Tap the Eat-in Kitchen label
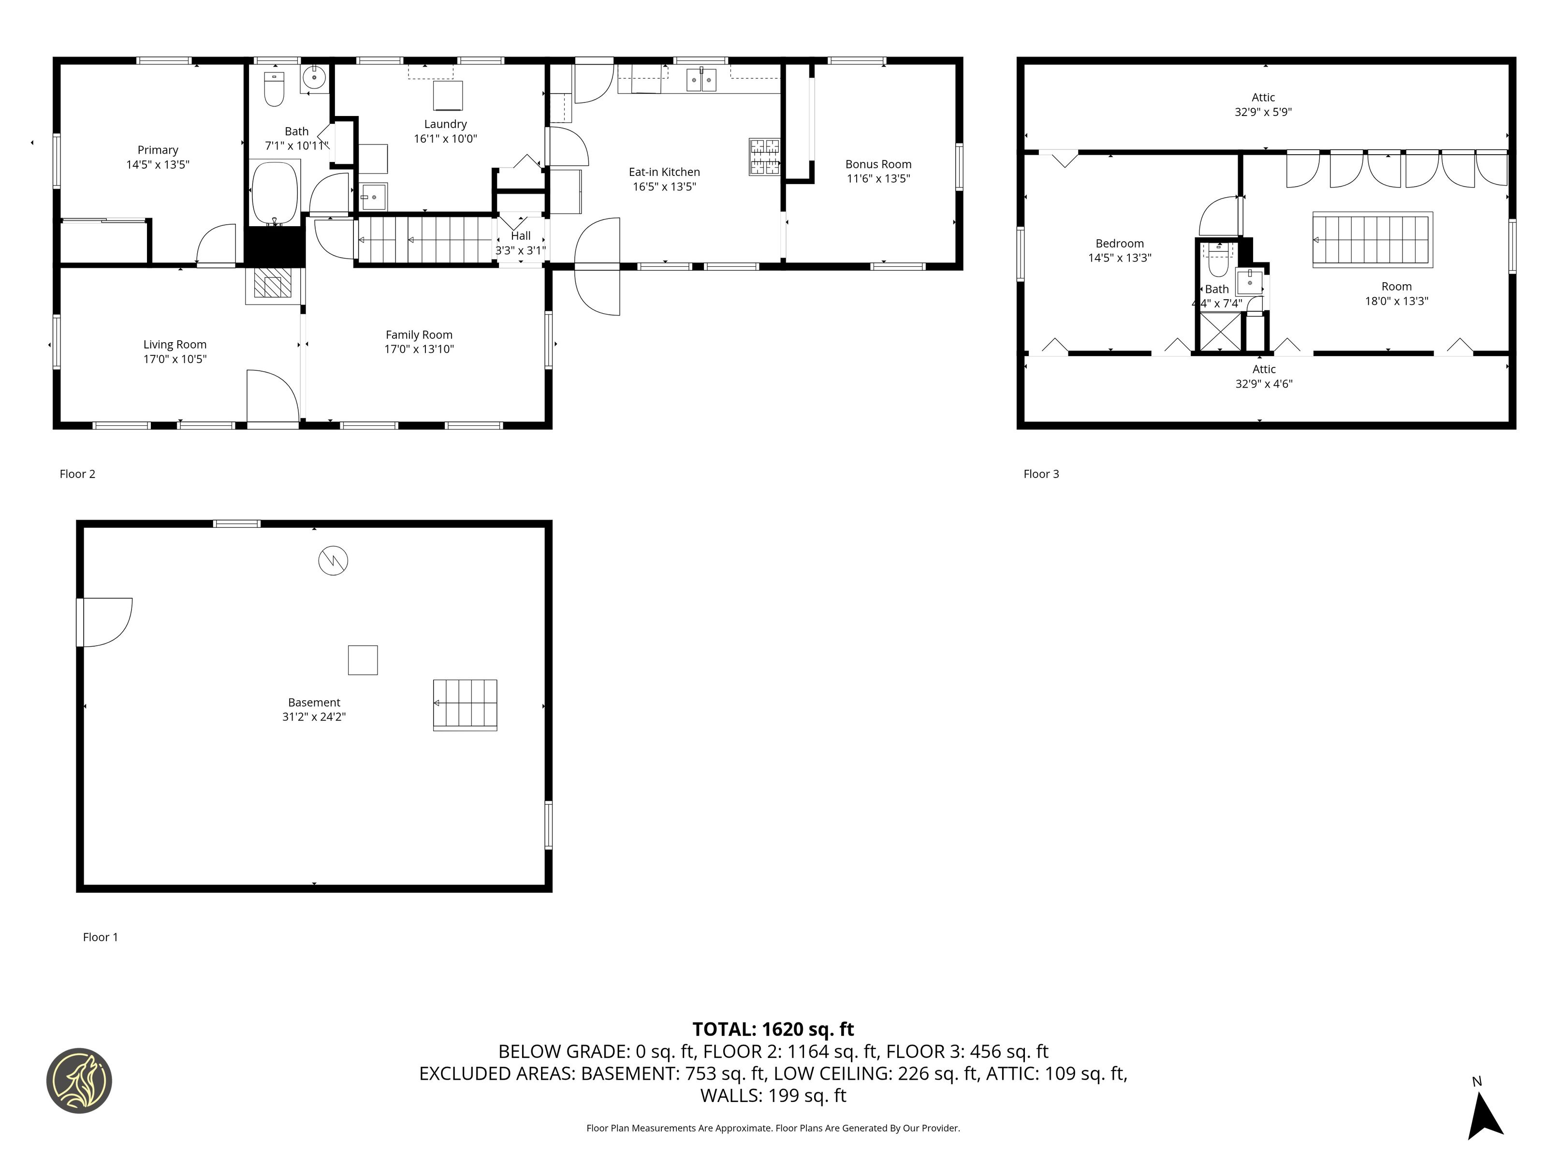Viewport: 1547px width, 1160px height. coord(664,172)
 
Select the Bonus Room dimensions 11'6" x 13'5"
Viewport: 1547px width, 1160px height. coord(878,178)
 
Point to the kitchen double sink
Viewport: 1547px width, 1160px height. coord(701,80)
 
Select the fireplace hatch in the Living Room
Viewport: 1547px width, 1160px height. coord(272,285)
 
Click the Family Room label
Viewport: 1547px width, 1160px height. coord(419,335)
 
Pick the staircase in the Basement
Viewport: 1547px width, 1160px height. coord(465,705)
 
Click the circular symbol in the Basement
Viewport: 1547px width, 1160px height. coord(333,561)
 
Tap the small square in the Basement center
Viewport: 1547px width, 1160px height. coord(363,660)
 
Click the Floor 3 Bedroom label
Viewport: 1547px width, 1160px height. coord(1120,243)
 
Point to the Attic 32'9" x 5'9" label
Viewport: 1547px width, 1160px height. coord(1263,105)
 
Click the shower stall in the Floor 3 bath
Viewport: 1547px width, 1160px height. coord(1220,332)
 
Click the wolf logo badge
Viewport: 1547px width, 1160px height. coord(79,1080)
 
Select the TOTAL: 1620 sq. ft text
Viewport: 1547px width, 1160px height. coord(773,1029)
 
